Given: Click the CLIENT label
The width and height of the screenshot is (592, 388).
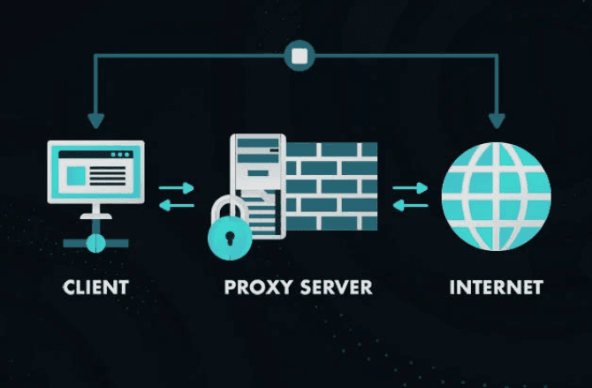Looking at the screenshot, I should click(95, 287).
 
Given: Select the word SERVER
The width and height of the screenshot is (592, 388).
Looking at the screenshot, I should click(335, 287).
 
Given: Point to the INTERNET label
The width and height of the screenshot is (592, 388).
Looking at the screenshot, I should click(496, 287).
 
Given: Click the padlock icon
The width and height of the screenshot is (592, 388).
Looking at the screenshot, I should click(231, 233).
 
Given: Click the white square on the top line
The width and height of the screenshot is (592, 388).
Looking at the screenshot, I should click(300, 57).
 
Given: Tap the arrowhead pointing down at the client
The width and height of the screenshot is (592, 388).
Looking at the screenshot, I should click(95, 119).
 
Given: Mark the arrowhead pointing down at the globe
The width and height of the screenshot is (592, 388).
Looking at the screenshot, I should click(497, 119).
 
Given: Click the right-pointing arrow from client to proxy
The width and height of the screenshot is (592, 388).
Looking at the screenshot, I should click(177, 187).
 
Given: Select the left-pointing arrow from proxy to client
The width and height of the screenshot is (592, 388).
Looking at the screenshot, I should click(177, 206).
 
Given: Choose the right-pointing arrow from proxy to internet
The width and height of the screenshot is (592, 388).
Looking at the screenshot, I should click(410, 187).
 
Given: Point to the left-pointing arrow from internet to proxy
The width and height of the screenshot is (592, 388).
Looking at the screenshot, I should click(410, 206).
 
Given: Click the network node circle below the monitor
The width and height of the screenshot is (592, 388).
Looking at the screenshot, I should click(95, 241).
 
